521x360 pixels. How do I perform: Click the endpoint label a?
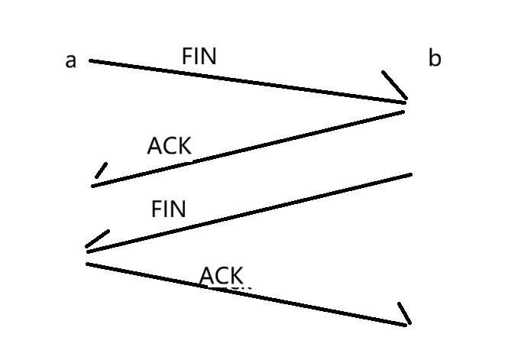pos(71,60)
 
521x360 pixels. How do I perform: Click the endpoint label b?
pos(434,58)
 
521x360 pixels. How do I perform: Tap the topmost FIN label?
pos(199,56)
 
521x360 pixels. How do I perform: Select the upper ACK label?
pos(169,145)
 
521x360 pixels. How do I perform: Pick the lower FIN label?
pos(169,209)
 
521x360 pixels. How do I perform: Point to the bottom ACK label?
pos(222,275)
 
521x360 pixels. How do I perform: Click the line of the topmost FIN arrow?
pos(244,79)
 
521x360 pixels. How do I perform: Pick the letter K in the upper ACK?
pos(183,145)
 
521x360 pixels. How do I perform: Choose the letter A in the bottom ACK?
pos(206,275)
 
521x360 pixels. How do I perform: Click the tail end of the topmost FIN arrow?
pos(91,60)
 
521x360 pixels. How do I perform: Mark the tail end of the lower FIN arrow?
pos(410,175)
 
